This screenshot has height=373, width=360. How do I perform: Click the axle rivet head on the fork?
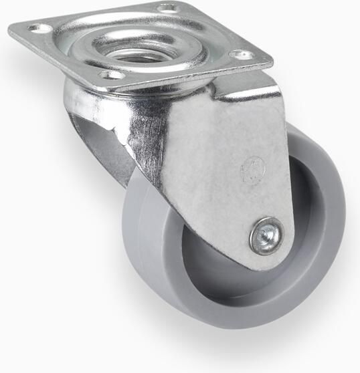266,236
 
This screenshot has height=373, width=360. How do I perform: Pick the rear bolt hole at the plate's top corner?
167,8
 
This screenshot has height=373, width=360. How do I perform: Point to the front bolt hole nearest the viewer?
113,74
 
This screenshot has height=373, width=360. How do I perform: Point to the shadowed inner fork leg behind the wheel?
100,150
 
